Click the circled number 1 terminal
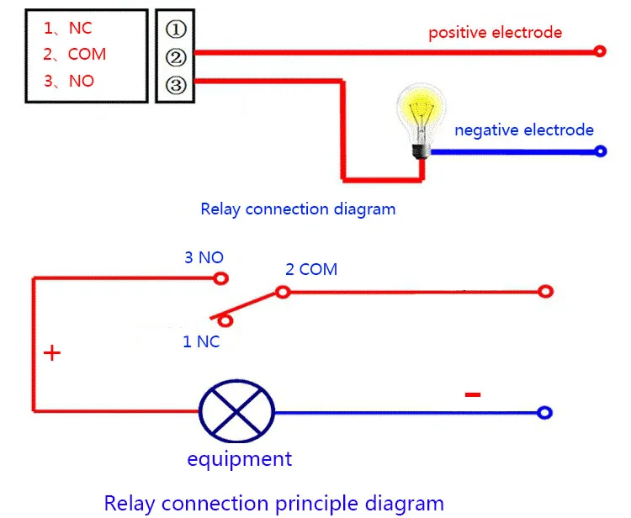[176, 29]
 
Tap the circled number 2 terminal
[176, 57]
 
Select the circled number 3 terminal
[176, 85]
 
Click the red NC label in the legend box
[81, 28]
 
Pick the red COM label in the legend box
[87, 55]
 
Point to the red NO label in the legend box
[82, 81]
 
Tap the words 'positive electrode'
[495, 33]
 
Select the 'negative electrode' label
[524, 129]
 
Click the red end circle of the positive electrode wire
[600, 51]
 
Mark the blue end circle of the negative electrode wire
[600, 151]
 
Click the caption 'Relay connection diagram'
[298, 209]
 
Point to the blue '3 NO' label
[204, 257]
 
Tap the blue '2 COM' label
[311, 269]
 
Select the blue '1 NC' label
[201, 342]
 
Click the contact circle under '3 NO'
[220, 278]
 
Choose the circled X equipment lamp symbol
[237, 411]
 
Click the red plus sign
[52, 353]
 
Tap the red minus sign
[473, 394]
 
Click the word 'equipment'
[240, 459]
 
